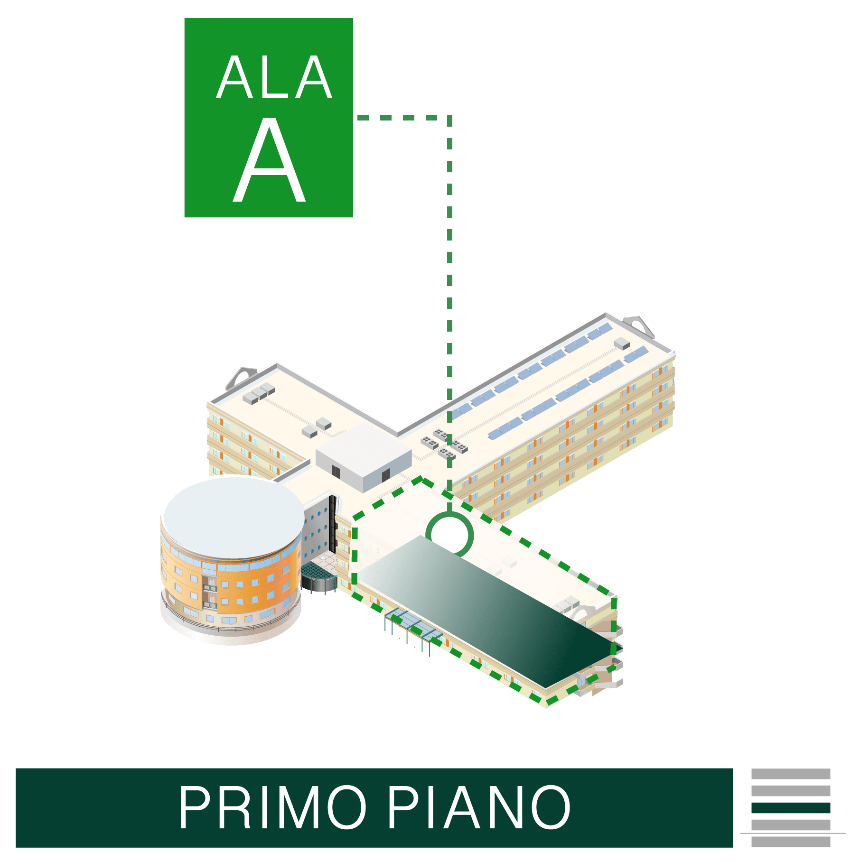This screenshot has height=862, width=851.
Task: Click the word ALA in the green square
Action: pyautogui.click(x=274, y=77)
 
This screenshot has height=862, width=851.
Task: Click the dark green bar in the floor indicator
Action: pyautogui.click(x=790, y=807)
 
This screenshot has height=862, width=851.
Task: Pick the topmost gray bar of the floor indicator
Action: pyautogui.click(x=790, y=774)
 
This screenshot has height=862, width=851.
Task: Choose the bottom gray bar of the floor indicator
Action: pyautogui.click(x=790, y=842)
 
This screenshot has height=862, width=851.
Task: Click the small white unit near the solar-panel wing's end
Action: pyautogui.click(x=621, y=343)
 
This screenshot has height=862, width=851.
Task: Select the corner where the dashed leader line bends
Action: pyautogui.click(x=449, y=117)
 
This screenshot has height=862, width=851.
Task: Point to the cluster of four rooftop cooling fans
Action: pyautogui.click(x=444, y=443)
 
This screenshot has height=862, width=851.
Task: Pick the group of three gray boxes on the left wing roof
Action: pyautogui.click(x=259, y=393)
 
